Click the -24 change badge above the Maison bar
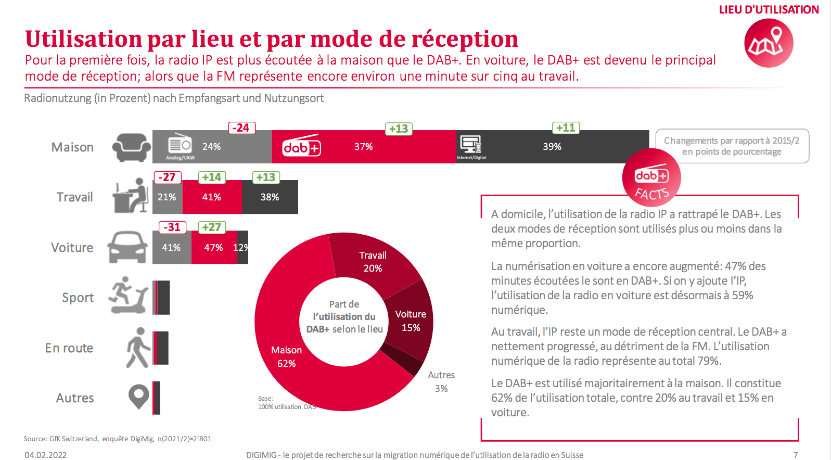pos(241,128)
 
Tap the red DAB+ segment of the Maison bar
pos(364,147)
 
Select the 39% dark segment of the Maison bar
pos(552,147)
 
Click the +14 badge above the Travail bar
pos(212,177)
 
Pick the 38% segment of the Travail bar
pos(270,197)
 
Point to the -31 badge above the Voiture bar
pos(172,227)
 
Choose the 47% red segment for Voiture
pos(214,248)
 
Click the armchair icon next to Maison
pos(132,147)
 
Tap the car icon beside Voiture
pos(127,247)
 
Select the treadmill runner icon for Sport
pos(129,296)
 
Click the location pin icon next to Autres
pos(138,397)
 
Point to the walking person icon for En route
pos(137,348)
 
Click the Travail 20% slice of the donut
pos(373,262)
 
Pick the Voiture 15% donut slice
pos(411,321)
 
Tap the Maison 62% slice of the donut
pos(286,356)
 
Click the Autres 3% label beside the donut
pos(441,381)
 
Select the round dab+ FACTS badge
pos(651,178)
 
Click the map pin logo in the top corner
pos(768,43)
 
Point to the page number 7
pos(796,455)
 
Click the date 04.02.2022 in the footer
pos(46,455)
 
